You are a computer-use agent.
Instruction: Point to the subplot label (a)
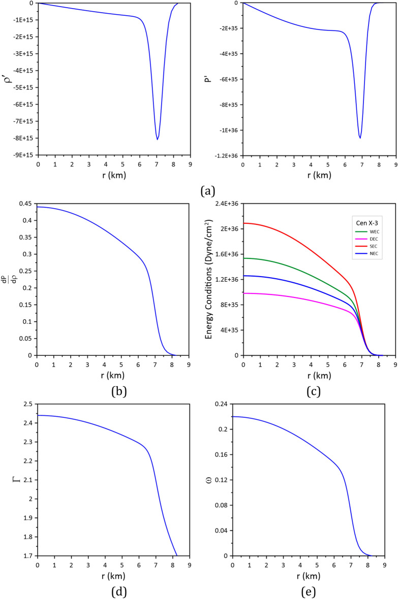click(x=208, y=191)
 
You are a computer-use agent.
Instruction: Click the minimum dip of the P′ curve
click(x=360, y=138)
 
